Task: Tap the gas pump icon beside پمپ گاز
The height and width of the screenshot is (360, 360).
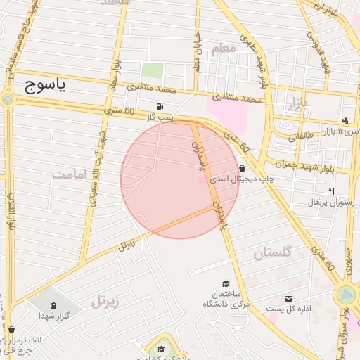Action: coord(162,106)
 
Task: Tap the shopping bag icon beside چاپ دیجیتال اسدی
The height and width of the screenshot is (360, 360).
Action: coord(243,169)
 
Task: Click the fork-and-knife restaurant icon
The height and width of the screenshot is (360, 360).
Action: coord(331,191)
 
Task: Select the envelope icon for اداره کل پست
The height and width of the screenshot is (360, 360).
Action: coord(289,298)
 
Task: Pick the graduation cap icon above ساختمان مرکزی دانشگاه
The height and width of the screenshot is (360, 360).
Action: coord(226,283)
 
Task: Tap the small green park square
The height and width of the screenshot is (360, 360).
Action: coord(153,70)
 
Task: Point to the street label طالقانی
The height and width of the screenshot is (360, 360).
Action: coord(302,138)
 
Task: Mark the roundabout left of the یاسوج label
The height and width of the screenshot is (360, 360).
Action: coord(8,99)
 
